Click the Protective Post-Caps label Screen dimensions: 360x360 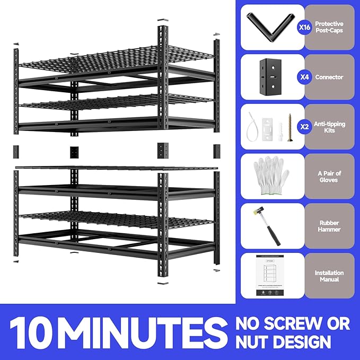pyautogui.click(x=329, y=27)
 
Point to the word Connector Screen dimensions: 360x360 pyautogui.click(x=329, y=77)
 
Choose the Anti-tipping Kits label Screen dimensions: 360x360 pyautogui.click(x=329, y=127)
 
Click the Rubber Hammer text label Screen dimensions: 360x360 pyautogui.click(x=329, y=226)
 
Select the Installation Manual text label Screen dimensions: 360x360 pyautogui.click(x=329, y=276)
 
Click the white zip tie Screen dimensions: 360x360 pyautogui.click(x=251, y=127)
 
